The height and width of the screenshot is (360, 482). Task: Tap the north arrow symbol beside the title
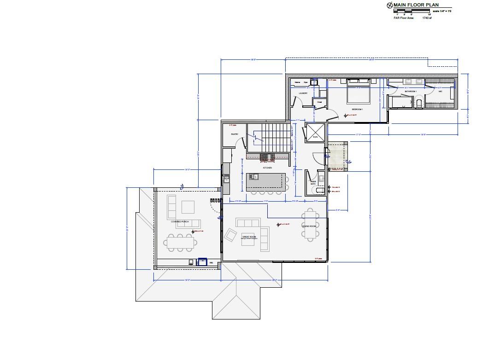point(389,5)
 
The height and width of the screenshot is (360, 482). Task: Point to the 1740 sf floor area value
point(427,18)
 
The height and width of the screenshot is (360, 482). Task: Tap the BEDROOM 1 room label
point(357,109)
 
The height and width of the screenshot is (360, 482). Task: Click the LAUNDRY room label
point(303,93)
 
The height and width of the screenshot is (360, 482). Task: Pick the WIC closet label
point(440,91)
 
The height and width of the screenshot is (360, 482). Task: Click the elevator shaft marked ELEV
point(315,131)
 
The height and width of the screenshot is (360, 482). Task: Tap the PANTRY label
point(233,134)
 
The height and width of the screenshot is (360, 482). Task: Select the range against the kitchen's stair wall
point(267,158)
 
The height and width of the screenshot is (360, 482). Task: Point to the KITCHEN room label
point(267,168)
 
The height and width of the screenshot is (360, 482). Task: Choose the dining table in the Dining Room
point(310,224)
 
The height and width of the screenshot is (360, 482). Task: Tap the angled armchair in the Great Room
point(230,236)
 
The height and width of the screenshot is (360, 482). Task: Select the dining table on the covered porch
point(182,241)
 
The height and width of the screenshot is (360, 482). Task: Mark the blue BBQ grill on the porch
point(202,262)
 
